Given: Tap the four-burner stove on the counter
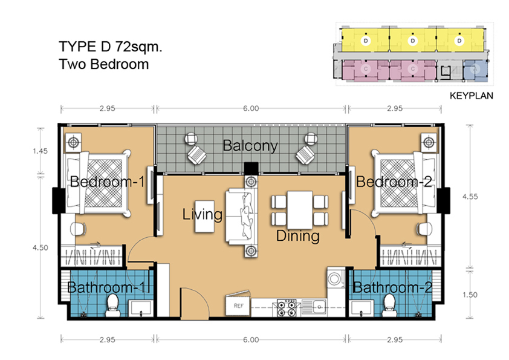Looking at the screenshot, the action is (x=287, y=308).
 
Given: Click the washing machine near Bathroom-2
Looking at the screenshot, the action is (x=336, y=278).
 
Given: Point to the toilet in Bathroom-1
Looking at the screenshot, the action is (x=113, y=305).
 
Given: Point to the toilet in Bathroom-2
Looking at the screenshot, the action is (x=389, y=305).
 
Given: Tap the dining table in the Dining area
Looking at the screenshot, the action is (x=300, y=210).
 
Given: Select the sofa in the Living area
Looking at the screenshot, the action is (x=242, y=217).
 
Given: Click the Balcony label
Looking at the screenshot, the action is (x=250, y=146).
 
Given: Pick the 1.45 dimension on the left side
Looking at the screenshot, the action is (x=41, y=151).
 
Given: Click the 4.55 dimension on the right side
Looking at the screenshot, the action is (x=470, y=197).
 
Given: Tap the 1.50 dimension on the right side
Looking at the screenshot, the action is (x=470, y=295).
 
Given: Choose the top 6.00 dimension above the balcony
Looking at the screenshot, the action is (x=251, y=108).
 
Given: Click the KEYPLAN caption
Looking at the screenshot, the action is (x=472, y=96).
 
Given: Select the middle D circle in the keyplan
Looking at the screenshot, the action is (x=413, y=41).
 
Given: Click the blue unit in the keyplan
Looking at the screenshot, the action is (x=475, y=70).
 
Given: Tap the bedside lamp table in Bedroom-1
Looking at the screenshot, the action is (x=74, y=142).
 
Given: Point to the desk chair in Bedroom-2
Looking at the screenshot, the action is (x=424, y=229).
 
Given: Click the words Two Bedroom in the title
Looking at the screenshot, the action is (x=104, y=64).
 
